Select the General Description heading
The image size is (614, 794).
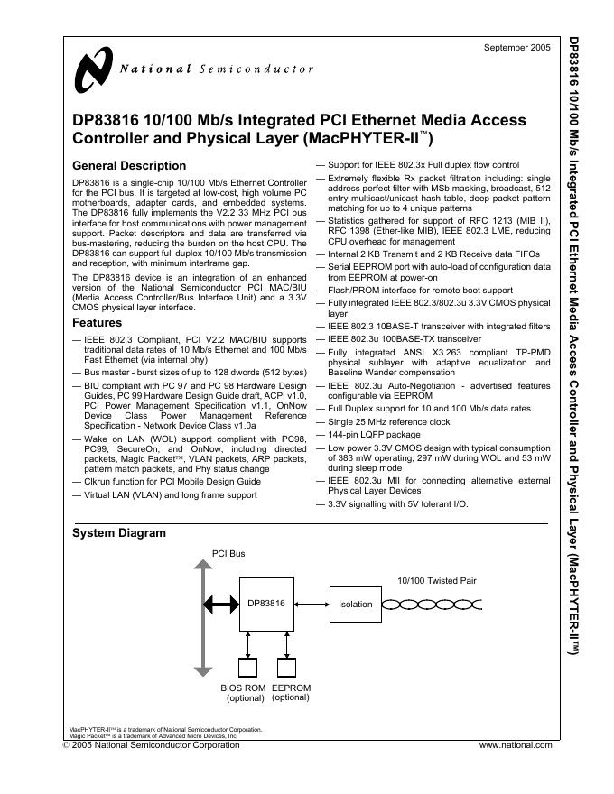click(128, 166)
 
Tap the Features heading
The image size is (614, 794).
click(97, 322)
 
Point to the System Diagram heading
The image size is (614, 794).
click(118, 533)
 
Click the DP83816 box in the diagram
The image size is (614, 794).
click(265, 603)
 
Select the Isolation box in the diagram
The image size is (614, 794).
click(354, 604)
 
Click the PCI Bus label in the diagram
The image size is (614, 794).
click(228, 554)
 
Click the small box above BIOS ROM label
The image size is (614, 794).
click(247, 669)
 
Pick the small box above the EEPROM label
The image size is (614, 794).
click(289, 669)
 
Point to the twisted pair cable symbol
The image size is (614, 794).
click(438, 604)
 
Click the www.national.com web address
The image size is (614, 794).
click(515, 745)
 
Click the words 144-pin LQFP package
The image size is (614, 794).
click(374, 434)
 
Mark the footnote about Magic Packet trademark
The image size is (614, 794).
click(153, 736)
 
